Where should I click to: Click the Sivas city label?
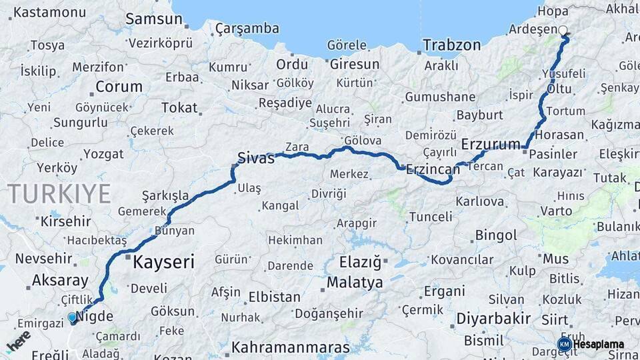tap(257, 159)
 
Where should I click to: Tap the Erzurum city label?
tap(491, 144)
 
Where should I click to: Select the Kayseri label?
tap(163, 262)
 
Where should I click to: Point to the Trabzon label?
tap(451, 45)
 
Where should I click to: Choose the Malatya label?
tap(355, 283)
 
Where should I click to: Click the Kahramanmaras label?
tap(290, 347)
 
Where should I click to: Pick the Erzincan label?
tap(433, 169)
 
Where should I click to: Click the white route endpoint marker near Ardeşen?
tap(563, 31)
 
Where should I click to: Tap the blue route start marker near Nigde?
tap(73, 319)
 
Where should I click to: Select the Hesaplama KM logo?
tap(591, 345)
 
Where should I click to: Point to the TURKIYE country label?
tap(59, 193)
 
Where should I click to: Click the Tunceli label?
tap(430, 217)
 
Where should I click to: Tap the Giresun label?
tap(354, 65)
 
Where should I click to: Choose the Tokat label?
tap(179, 107)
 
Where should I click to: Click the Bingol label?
tap(495, 235)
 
